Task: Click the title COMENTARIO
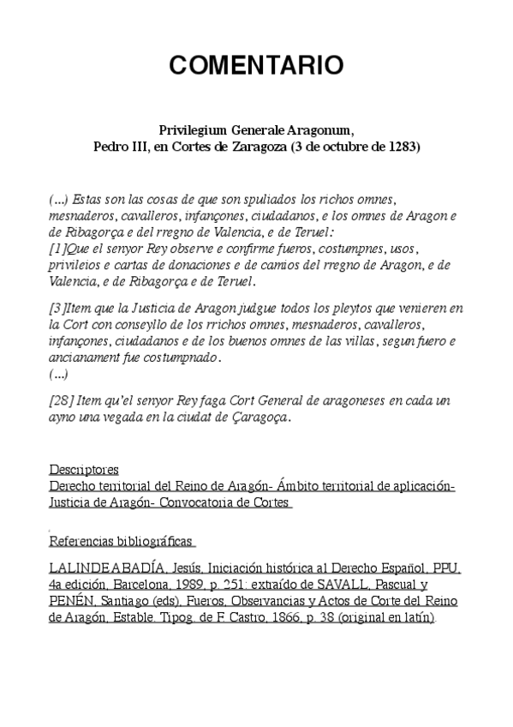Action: pos(256,65)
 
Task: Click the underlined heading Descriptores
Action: pos(84,471)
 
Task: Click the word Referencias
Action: pos(83,542)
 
